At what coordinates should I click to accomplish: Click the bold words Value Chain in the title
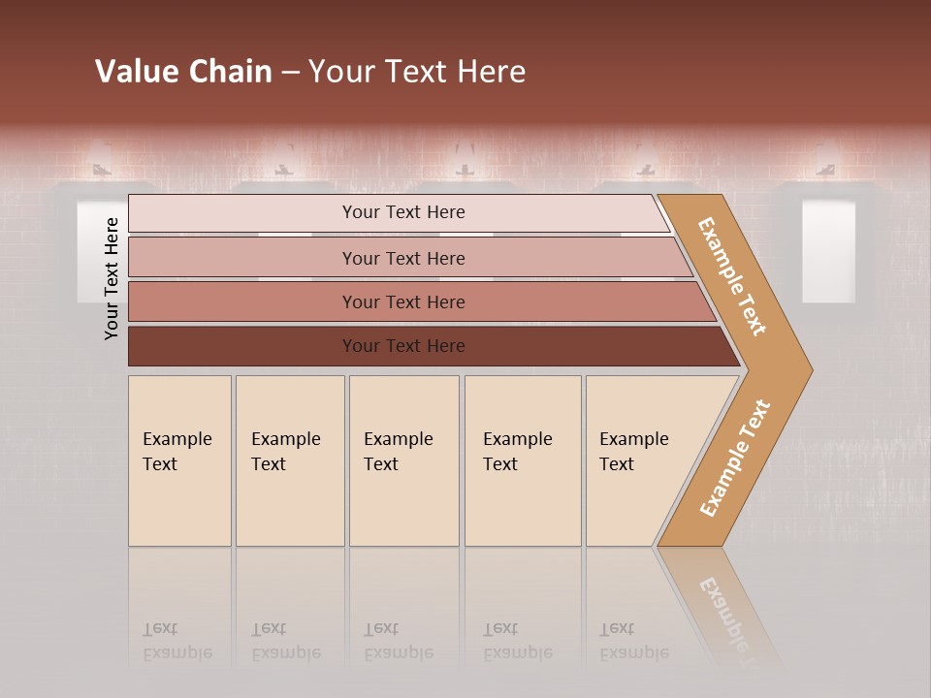click(x=183, y=72)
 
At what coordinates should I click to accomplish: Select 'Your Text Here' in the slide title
click(x=417, y=72)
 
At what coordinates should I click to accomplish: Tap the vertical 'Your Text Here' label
click(x=112, y=278)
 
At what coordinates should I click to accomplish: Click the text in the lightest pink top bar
click(x=403, y=212)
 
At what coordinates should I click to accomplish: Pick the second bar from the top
click(x=403, y=258)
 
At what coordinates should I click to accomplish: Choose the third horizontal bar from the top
click(x=403, y=301)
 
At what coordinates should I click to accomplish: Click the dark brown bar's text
click(x=403, y=346)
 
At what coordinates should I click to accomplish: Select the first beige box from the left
click(x=179, y=460)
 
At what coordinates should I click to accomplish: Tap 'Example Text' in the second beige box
click(x=285, y=451)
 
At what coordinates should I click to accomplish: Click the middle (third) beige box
click(x=403, y=460)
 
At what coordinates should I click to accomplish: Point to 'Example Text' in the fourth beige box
click(x=517, y=451)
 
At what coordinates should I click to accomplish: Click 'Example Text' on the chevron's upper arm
click(x=732, y=276)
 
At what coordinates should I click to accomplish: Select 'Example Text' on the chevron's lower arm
click(x=735, y=458)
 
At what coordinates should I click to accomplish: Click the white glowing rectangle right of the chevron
click(x=828, y=250)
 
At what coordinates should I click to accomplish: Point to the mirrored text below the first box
click(x=177, y=641)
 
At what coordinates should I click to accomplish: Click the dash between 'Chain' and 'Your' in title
click(x=290, y=73)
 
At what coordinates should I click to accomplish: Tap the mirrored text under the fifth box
click(x=634, y=641)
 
